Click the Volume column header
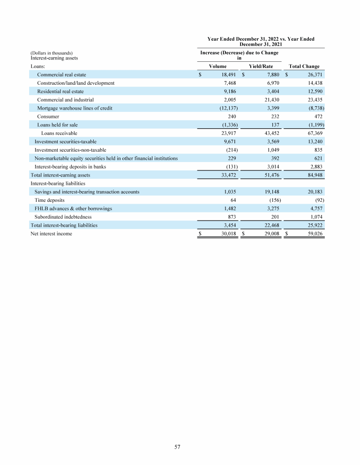pyautogui.click(x=217, y=66)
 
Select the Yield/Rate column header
pyautogui.click(x=261, y=66)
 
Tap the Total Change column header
pyautogui.click(x=304, y=66)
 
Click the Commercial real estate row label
pyautogui.click(x=61, y=74)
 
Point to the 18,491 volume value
pyautogui.click(x=227, y=74)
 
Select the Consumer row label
pyautogui.click(x=48, y=116)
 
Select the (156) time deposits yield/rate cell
pyautogui.click(x=273, y=200)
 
